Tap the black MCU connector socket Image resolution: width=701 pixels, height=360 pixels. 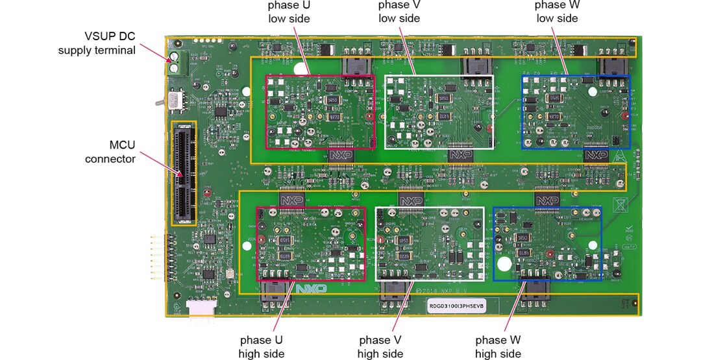pyautogui.click(x=183, y=173)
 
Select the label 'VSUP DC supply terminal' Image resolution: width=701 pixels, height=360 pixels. pyautogui.click(x=97, y=43)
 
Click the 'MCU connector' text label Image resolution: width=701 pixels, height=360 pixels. pyautogui.click(x=110, y=152)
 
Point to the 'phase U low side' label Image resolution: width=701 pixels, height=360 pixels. pyautogui.click(x=289, y=12)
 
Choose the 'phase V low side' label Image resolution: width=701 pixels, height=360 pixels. pyautogui.click(x=399, y=12)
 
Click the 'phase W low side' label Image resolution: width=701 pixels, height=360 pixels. pyautogui.click(x=557, y=12)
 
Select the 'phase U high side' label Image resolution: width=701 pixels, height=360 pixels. pyautogui.click(x=261, y=346)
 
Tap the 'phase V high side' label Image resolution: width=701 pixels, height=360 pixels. pyautogui.click(x=380, y=346)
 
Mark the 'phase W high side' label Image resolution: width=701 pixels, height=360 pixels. pyautogui.click(x=498, y=346)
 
